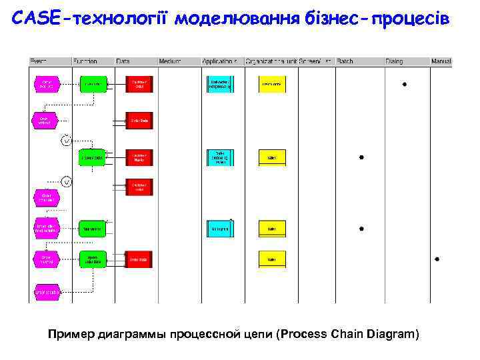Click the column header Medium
click(170, 61)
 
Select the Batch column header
click(345, 61)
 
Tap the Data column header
click(123, 61)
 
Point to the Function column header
click(85, 61)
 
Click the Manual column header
click(441, 61)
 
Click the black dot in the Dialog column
click(405, 85)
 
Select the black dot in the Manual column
click(437, 259)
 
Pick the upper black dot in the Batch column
click(361, 157)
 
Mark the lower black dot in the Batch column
click(361, 228)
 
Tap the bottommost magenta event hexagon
click(47, 291)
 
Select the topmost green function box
click(92, 84)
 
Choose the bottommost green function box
click(92, 259)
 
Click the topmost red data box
click(139, 84)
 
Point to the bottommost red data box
click(139, 259)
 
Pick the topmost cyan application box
click(220, 84)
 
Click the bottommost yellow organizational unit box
click(272, 259)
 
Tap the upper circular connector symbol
click(66, 140)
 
